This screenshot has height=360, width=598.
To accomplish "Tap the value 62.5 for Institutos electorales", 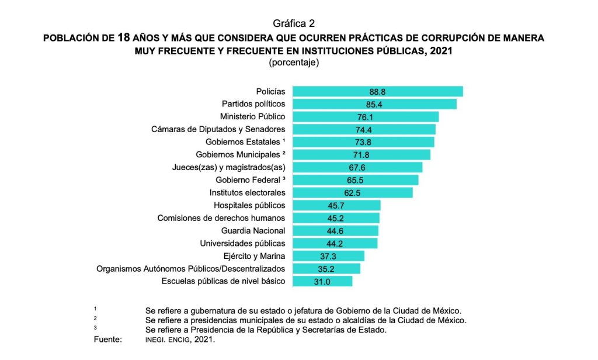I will tap(352, 193).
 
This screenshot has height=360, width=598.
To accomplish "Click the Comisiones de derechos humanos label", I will tap(221, 218).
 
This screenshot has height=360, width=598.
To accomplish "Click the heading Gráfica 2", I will tap(294, 23).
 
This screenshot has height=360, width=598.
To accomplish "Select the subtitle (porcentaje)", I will tap(293, 63).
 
